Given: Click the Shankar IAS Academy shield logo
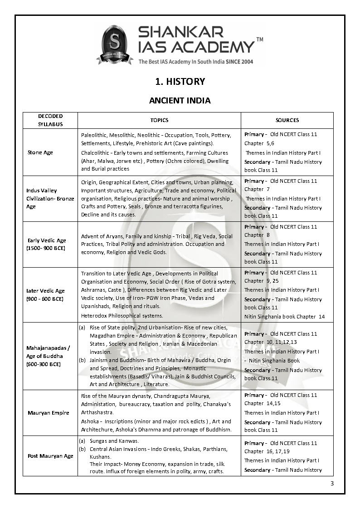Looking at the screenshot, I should pyautogui.click(x=115, y=44).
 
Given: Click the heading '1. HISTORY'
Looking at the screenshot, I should pyautogui.click(x=180, y=82).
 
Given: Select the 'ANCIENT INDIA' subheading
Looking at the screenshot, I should pyautogui.click(x=180, y=100).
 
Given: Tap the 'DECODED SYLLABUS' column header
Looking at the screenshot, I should pyautogui.click(x=50, y=120).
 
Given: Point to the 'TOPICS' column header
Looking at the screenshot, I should pyautogui.click(x=159, y=120).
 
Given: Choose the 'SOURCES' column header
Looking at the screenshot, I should pyautogui.click(x=287, y=120).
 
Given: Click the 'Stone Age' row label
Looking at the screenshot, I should pyautogui.click(x=40, y=152).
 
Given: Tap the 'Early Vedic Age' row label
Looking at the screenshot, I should pyautogui.click(x=46, y=245).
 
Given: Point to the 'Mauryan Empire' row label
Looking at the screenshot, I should pyautogui.click(x=49, y=413).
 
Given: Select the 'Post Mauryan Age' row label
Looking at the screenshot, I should pyautogui.click(x=50, y=456).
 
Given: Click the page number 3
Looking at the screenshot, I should pyautogui.click(x=332, y=483).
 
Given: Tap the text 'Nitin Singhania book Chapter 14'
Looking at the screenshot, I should pyautogui.click(x=284, y=317).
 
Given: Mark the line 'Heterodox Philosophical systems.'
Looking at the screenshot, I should pyautogui.click(x=122, y=316).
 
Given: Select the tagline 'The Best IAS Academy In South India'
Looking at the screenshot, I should pyautogui.click(x=183, y=61).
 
